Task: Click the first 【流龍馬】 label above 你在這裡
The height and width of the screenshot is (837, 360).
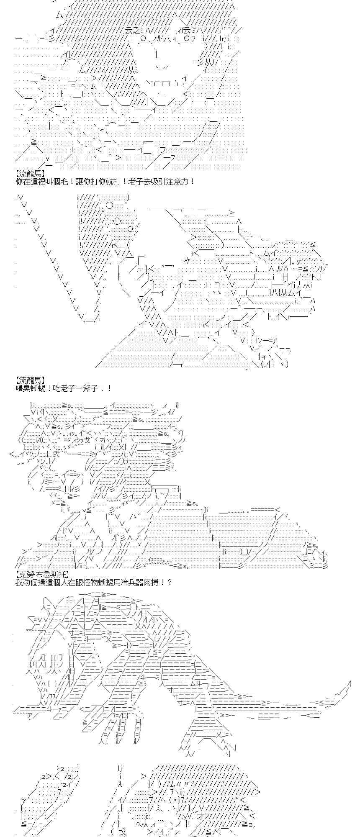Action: point(30,173)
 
